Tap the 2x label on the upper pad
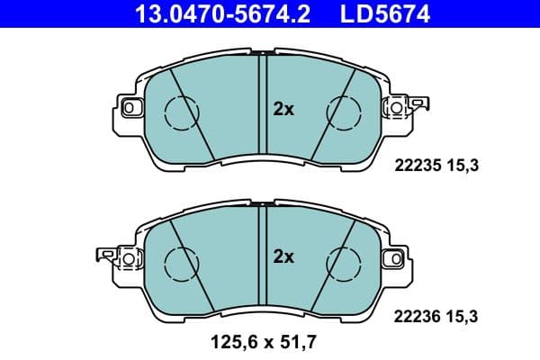(283, 109)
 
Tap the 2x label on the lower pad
(283, 256)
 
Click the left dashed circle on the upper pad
(180, 111)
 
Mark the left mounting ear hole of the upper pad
(128, 108)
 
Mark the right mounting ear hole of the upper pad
(392, 108)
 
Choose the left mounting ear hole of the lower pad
(128, 259)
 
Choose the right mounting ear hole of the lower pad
(392, 259)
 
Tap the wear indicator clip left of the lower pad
(103, 258)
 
